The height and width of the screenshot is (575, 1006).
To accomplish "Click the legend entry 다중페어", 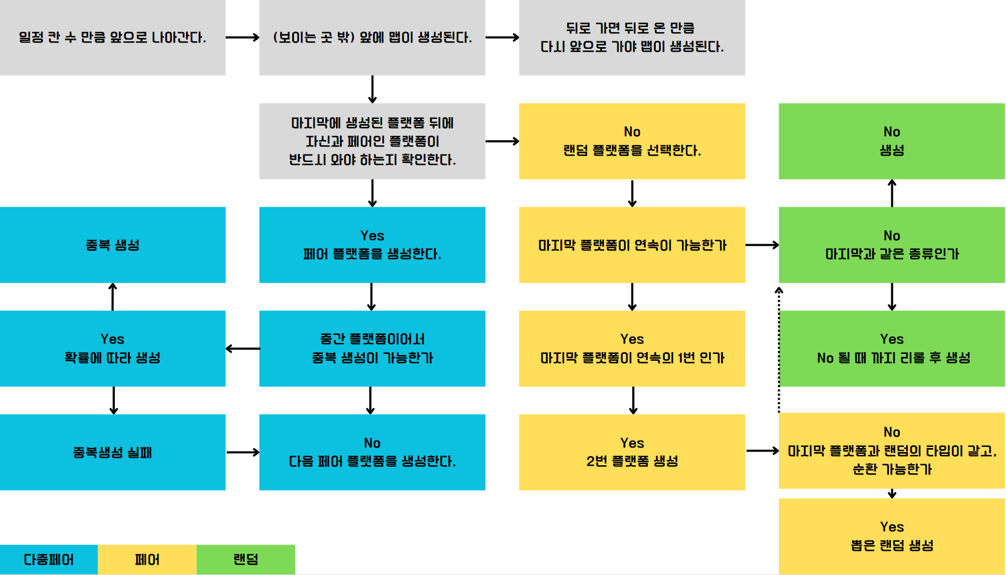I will (x=49, y=559).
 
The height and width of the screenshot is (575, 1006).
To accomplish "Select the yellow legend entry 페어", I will (x=147, y=559).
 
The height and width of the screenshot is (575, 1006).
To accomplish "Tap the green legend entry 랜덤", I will (x=246, y=559).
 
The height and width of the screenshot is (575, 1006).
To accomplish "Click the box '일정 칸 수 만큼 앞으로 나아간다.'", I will (x=113, y=37).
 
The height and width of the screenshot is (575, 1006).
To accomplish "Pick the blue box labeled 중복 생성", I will (x=113, y=245).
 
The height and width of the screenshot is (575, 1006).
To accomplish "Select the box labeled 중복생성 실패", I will (x=113, y=452).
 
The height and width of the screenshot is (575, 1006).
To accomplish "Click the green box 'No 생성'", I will (x=892, y=141).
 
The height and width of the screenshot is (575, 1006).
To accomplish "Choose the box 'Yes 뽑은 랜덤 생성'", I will (x=892, y=536).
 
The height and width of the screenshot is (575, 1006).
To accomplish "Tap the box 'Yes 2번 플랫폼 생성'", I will (x=632, y=452).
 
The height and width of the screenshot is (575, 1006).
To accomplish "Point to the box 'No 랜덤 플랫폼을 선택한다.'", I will (x=632, y=141).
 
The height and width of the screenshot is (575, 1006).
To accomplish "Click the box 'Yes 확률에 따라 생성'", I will (x=113, y=349).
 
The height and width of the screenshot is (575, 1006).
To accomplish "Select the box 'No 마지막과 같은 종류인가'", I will (x=892, y=245).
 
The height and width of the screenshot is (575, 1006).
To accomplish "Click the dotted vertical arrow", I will (x=779, y=350).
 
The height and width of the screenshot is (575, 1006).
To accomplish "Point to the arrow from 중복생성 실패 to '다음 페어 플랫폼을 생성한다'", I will (x=242, y=452).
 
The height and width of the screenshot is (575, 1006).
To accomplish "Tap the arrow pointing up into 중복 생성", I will (x=113, y=296).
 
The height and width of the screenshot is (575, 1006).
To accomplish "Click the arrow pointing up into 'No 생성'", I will (x=892, y=193).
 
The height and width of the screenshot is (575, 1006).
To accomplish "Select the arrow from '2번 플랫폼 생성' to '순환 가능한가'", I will (x=762, y=451).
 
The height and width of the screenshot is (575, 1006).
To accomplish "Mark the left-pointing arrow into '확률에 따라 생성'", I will (x=242, y=349).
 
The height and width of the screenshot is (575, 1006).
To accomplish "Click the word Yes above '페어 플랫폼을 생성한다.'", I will (x=372, y=236).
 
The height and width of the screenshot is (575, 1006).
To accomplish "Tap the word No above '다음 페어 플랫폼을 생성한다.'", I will (x=372, y=443).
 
